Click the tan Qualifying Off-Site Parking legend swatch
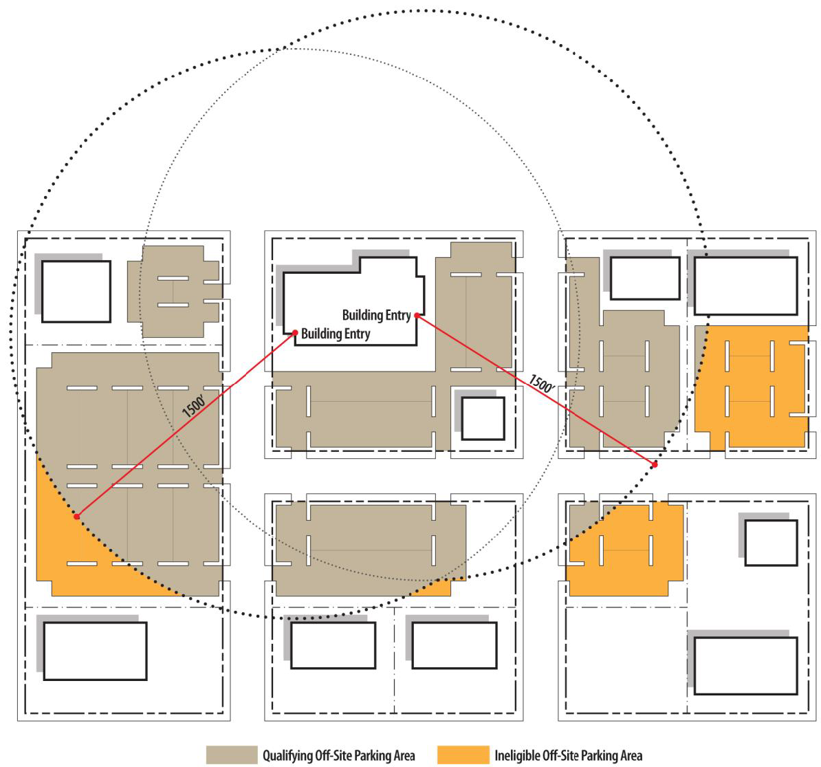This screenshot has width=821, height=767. (232, 755)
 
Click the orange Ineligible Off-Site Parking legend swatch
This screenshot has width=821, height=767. (463, 755)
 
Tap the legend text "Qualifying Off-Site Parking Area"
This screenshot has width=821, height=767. (339, 755)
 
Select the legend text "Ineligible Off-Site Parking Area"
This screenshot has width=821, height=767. (569, 755)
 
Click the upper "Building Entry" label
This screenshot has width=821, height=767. (377, 315)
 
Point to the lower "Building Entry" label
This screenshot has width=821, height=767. (336, 334)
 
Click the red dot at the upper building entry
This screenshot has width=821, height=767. (417, 315)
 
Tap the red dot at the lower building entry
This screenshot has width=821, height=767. (295, 333)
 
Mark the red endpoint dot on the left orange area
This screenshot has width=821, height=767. (77, 517)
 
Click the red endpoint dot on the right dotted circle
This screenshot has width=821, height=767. (655, 465)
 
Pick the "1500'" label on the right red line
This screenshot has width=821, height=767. (541, 384)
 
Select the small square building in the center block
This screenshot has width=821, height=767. (483, 418)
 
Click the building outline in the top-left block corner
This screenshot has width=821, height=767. (76, 291)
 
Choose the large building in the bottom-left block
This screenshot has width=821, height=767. (95, 651)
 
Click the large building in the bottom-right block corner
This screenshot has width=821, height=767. (745, 666)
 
